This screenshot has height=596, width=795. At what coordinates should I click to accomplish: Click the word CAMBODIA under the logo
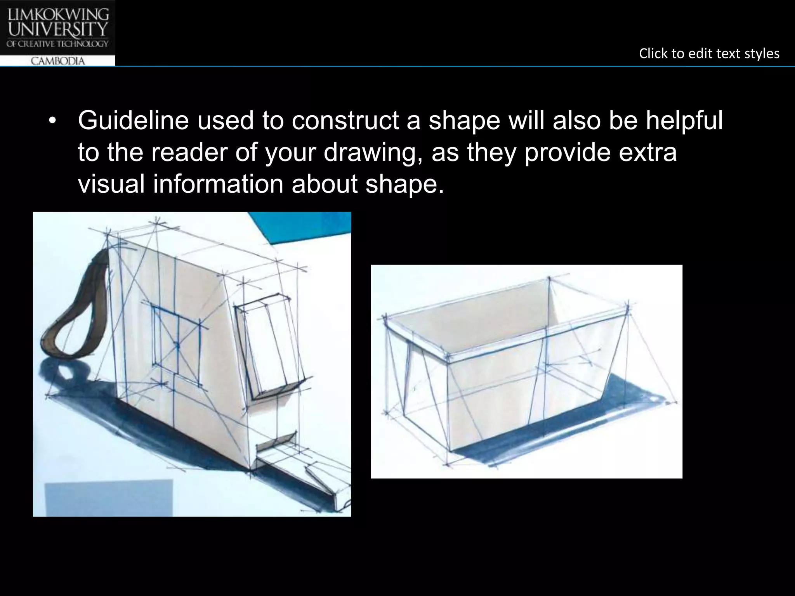[x=57, y=61]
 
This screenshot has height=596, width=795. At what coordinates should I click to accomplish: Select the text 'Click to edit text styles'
[x=709, y=54]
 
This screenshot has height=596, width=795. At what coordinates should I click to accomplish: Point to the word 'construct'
[x=345, y=121]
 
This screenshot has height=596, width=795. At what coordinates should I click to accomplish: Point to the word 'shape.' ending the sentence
[x=404, y=185]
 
